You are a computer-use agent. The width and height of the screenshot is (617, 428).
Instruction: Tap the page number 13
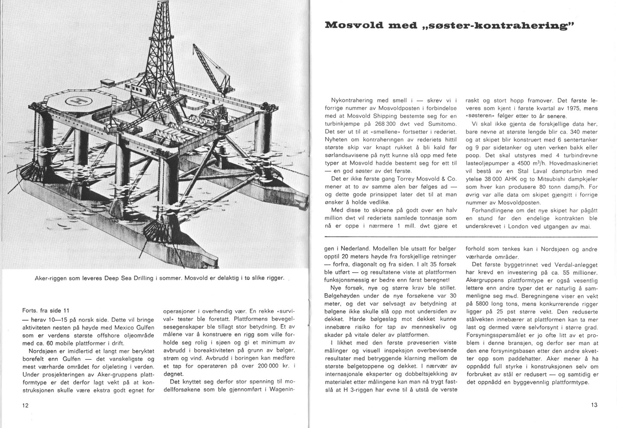(594, 405)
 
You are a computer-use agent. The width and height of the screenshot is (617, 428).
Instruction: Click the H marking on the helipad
(78, 101)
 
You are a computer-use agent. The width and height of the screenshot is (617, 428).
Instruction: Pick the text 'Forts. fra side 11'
(47, 310)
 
